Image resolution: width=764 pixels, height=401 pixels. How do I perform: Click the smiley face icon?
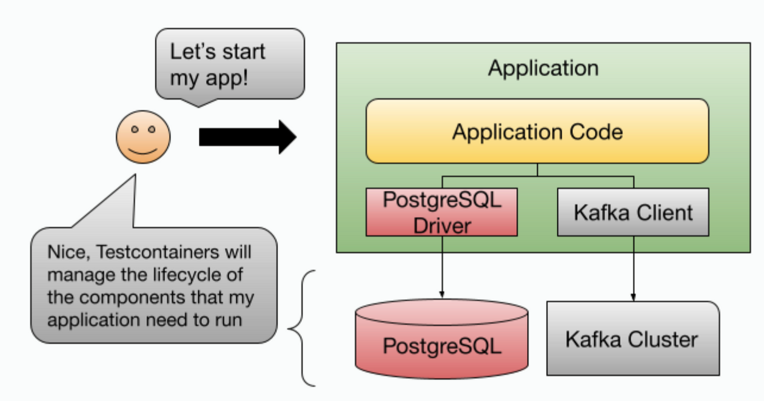[x=143, y=137]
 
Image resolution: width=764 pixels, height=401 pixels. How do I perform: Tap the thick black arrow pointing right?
[x=247, y=137]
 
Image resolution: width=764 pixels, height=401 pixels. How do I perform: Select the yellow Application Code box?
[x=537, y=131]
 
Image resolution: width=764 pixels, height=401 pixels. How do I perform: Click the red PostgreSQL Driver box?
[x=441, y=212]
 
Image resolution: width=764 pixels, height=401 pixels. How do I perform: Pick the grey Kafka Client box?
[x=633, y=212]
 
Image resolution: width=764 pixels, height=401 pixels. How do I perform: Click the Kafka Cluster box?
[x=633, y=339]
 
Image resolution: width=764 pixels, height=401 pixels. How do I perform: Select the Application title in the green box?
[x=543, y=67]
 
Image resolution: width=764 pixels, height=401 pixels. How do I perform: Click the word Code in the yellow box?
[x=593, y=132]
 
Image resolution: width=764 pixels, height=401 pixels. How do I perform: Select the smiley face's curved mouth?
[x=143, y=149]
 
